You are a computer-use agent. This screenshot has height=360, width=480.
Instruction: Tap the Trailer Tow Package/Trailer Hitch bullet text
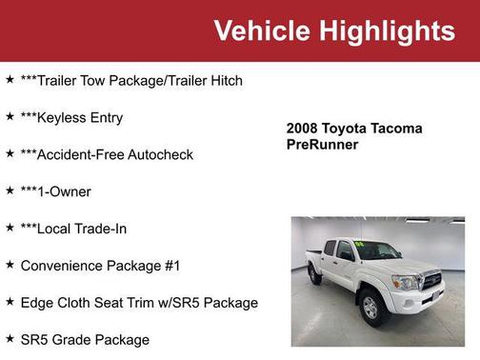pyautogui.click(x=131, y=81)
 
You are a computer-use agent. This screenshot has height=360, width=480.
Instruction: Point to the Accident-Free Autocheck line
pyautogui.click(x=107, y=154)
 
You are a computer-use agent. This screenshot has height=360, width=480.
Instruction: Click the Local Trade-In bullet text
pyautogui.click(x=73, y=229)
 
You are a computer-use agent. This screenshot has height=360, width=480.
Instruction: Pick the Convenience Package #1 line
pyautogui.click(x=100, y=266)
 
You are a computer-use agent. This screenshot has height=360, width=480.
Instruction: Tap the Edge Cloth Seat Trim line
pyautogui.click(x=139, y=303)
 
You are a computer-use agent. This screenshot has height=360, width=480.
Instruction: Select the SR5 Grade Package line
pyautogui.click(x=85, y=340)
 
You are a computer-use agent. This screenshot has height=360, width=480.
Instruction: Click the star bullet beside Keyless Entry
pyautogui.click(x=10, y=116)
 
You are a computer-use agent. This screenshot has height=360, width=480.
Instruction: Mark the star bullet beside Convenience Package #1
pyautogui.click(x=10, y=264)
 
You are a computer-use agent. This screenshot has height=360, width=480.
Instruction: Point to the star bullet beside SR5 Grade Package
pyautogui.click(x=10, y=338)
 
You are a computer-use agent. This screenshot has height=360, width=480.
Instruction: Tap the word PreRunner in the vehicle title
pyautogui.click(x=322, y=145)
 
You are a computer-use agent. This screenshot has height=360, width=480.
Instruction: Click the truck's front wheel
pyautogui.click(x=371, y=307)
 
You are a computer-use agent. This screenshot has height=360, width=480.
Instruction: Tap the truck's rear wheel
pyautogui.click(x=314, y=274)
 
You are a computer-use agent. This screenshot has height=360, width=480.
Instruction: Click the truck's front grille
pyautogui.click(x=430, y=283)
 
